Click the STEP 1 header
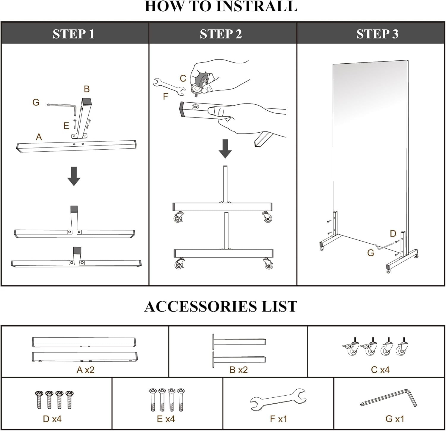[x=73, y=34]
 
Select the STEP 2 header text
[x=221, y=34]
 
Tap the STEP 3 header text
[x=377, y=34]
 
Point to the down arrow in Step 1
[x=74, y=176]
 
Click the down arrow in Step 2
[x=225, y=148]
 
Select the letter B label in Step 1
[x=87, y=89]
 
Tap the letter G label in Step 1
[x=36, y=102]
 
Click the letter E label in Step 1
[x=66, y=126]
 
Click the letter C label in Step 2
[x=183, y=79]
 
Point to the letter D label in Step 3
[x=393, y=233]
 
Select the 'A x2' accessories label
[x=85, y=370]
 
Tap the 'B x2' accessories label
[x=238, y=370]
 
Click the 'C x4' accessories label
[x=380, y=370]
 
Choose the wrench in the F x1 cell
[x=278, y=399]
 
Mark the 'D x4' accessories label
[x=52, y=419]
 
